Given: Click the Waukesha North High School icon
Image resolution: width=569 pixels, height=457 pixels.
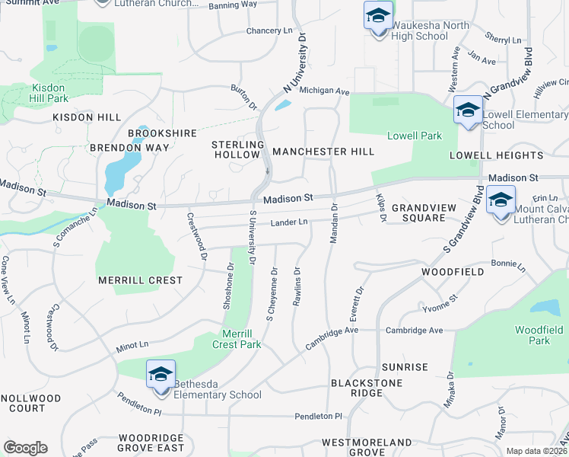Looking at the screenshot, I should (x=377, y=16).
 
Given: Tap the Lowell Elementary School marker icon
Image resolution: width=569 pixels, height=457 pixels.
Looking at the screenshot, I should (x=467, y=110).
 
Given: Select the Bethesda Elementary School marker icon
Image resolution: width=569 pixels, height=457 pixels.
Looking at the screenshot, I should (x=161, y=375).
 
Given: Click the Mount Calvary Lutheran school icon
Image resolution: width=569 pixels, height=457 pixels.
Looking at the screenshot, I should (x=501, y=200).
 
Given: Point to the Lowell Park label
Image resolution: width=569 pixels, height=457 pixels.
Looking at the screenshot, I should (x=415, y=136).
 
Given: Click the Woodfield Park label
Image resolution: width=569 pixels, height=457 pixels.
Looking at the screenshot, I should (x=539, y=335).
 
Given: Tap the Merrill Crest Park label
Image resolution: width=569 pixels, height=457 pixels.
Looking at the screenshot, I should (x=241, y=339).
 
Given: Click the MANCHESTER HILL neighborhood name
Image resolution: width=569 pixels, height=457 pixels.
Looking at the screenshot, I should (x=323, y=152).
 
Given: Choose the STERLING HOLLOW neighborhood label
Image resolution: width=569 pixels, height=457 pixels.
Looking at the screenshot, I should (x=237, y=149).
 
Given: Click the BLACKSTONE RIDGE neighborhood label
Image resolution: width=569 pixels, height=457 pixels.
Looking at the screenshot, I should (x=356, y=387).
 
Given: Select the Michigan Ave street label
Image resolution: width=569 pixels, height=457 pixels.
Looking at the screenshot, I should (x=324, y=91).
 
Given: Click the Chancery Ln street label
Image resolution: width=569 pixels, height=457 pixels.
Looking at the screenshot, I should (x=269, y=31).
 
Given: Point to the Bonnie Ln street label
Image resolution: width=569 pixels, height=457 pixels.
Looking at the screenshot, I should (x=508, y=266).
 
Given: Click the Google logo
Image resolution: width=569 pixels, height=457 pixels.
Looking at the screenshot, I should (x=25, y=448).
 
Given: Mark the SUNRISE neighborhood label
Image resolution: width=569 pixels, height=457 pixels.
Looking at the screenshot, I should (x=405, y=367).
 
